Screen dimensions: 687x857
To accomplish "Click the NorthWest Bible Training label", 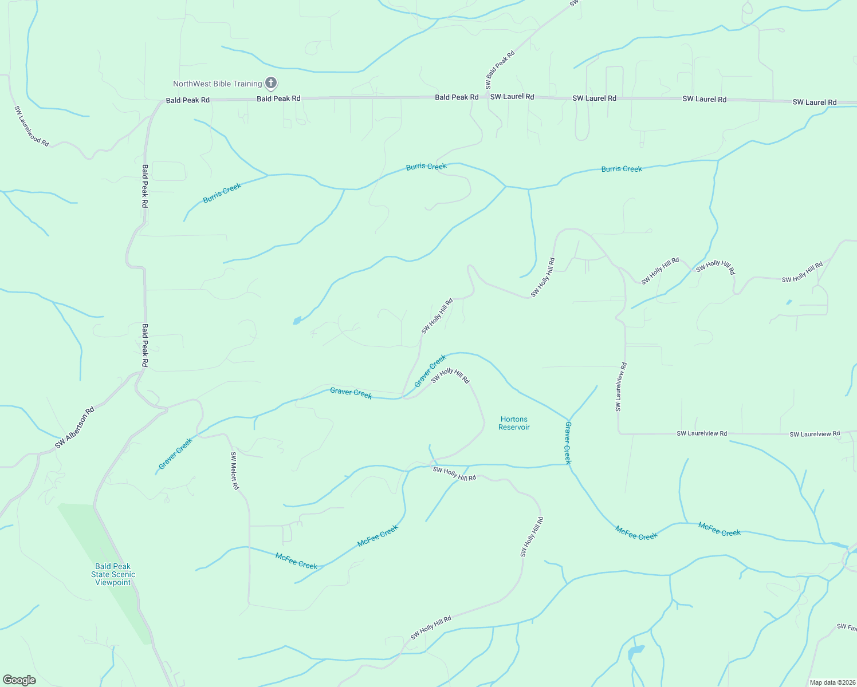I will [217, 84].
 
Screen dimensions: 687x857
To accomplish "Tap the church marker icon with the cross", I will [271, 83].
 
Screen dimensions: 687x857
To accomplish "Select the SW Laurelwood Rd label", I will [32, 125].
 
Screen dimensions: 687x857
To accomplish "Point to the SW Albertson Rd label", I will [74, 428].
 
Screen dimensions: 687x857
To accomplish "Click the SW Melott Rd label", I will [234, 471].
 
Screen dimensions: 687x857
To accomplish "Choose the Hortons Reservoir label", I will [514, 423].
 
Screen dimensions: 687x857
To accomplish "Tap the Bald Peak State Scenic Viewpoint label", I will [113, 574].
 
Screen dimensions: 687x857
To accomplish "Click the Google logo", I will [19, 680].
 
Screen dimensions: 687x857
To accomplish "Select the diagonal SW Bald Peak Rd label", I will [500, 70].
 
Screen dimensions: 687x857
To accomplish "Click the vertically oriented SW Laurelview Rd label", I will [621, 387].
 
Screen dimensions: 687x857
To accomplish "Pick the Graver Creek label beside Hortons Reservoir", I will [568, 443].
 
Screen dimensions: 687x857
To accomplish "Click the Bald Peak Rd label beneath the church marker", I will [278, 98].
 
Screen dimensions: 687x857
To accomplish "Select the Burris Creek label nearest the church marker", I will [222, 193].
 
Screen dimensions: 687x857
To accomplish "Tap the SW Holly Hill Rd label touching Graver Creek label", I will [450, 376].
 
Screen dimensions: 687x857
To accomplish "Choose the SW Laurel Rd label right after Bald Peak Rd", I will [512, 97].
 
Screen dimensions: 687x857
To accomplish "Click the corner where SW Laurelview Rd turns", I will [619, 433].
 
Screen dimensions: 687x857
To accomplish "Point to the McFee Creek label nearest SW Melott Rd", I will [296, 560].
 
